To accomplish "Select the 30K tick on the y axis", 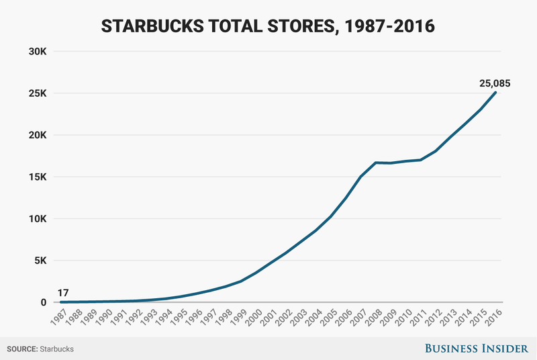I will point(37,51).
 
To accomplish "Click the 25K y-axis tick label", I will point(37,93).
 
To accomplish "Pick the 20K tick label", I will point(37,135).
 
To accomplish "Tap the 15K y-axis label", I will point(37,177).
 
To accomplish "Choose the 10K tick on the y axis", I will point(37,219).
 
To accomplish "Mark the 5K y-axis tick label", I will point(40,261).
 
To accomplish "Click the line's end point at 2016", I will point(495,92).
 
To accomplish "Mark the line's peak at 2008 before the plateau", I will point(375,163).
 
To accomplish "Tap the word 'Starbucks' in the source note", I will point(57,349).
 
